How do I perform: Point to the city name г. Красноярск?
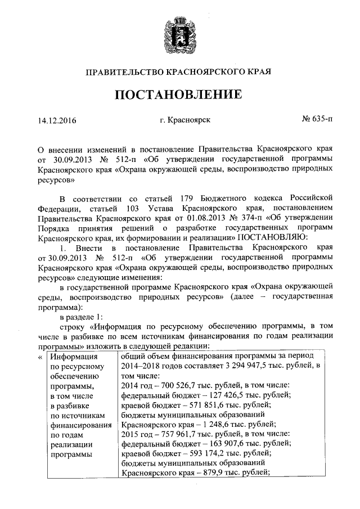point(185,120)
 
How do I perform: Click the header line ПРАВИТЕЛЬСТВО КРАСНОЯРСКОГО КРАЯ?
point(178,72)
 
